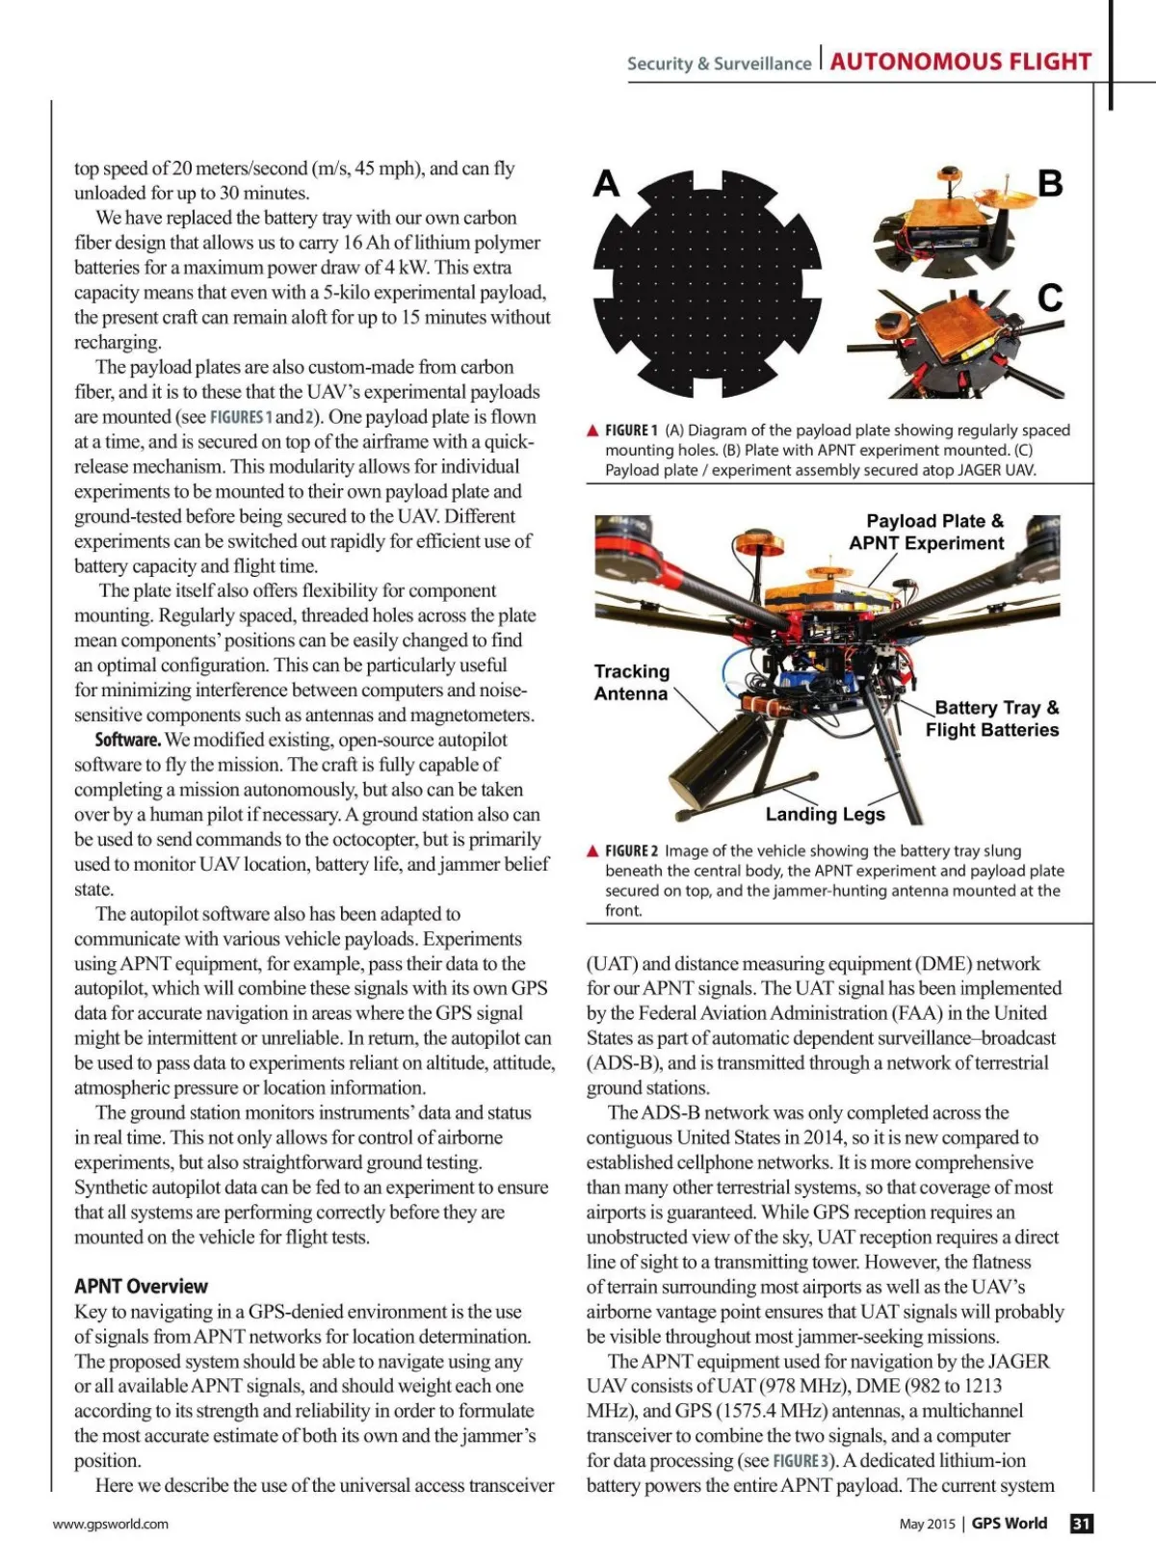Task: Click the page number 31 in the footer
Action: coord(1082,1523)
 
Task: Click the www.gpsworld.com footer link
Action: coord(111,1524)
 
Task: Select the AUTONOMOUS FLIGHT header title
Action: coord(960,62)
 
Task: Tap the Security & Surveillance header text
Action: coord(719,64)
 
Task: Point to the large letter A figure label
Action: coord(606,183)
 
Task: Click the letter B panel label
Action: coord(1050,183)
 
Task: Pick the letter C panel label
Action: coord(1050,298)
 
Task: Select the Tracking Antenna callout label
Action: coord(631,682)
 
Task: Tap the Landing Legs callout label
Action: coord(825,814)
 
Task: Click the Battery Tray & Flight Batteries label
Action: coord(992,718)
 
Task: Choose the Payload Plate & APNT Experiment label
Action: coord(927,532)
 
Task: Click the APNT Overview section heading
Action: coord(141,1286)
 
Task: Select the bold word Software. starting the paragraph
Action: coord(127,740)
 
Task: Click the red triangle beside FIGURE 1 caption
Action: coord(593,431)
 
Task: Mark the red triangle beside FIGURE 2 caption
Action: coord(593,851)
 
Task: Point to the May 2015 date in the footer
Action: coord(927,1524)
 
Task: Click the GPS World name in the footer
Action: coord(1009,1523)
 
